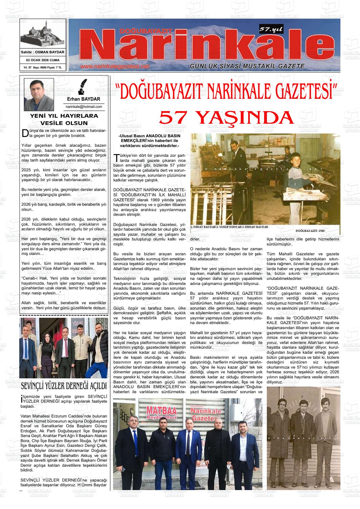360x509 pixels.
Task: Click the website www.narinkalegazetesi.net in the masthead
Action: pos(114,67)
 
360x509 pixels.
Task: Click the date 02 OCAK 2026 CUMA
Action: pos(43,60)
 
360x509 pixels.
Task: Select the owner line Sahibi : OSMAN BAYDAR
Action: pos(43,52)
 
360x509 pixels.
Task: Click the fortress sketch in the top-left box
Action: pos(43,34)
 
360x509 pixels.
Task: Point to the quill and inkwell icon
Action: pos(83,87)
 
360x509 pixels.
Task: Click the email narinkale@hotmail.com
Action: pos(84,107)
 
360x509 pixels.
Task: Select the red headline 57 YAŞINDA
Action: pos(226,118)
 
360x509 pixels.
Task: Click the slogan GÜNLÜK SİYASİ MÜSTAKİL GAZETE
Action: pos(247,66)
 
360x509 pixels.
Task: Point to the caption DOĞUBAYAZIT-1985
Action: pos(310,231)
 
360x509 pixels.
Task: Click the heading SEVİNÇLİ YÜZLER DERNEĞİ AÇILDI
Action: pos(63,386)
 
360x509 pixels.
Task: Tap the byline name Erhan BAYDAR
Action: pos(84,99)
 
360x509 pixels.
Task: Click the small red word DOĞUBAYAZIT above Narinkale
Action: pos(146,31)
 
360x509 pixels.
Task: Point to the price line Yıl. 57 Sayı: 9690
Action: pos(43,68)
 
